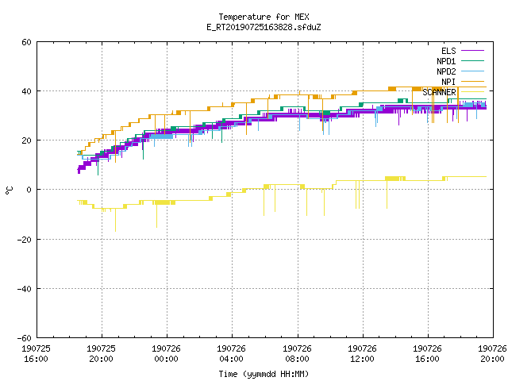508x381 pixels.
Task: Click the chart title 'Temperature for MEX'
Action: [264, 17]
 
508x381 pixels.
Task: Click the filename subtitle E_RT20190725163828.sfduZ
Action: [264, 27]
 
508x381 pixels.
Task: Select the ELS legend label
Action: [448, 51]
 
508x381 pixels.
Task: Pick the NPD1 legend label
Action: [446, 61]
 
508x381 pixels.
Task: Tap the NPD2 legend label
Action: [446, 71]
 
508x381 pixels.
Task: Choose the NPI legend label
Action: [448, 82]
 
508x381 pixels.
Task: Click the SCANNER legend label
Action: [439, 92]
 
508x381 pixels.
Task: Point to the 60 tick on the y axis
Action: [26, 42]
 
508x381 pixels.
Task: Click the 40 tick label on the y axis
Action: [26, 91]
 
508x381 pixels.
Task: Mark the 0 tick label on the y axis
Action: [29, 190]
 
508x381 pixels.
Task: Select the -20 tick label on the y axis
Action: [25, 240]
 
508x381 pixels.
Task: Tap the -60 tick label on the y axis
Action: [25, 338]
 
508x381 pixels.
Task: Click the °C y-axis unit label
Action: [9, 190]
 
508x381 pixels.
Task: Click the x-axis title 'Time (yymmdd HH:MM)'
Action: [264, 374]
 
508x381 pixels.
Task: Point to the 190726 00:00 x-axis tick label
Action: [166, 354]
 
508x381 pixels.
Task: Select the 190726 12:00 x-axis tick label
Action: [362, 354]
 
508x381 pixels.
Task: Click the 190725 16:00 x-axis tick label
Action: [36, 354]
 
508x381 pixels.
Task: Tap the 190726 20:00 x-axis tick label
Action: [492, 354]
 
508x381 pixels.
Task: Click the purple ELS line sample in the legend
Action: [473, 51]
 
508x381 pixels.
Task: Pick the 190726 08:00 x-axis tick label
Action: [297, 354]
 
